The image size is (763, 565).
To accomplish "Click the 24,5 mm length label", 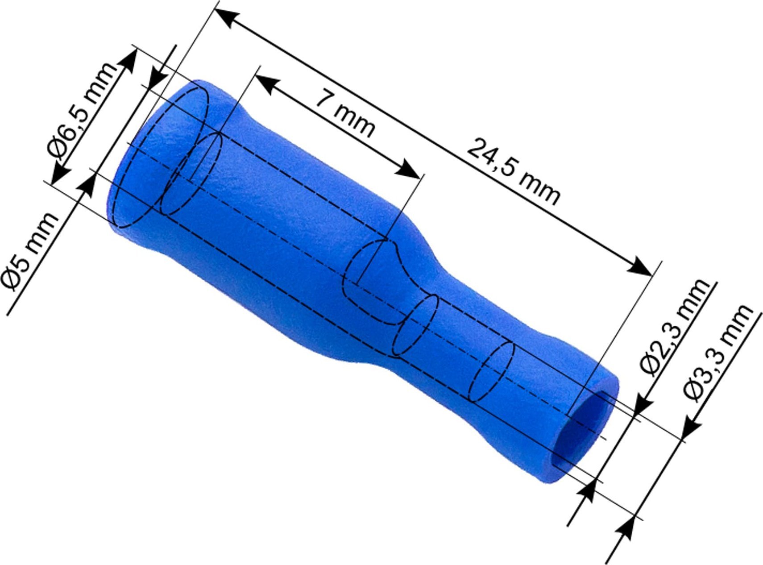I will coord(513,172).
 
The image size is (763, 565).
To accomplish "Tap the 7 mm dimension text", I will coord(344,114).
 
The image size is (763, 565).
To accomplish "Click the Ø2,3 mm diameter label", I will coord(674,328).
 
